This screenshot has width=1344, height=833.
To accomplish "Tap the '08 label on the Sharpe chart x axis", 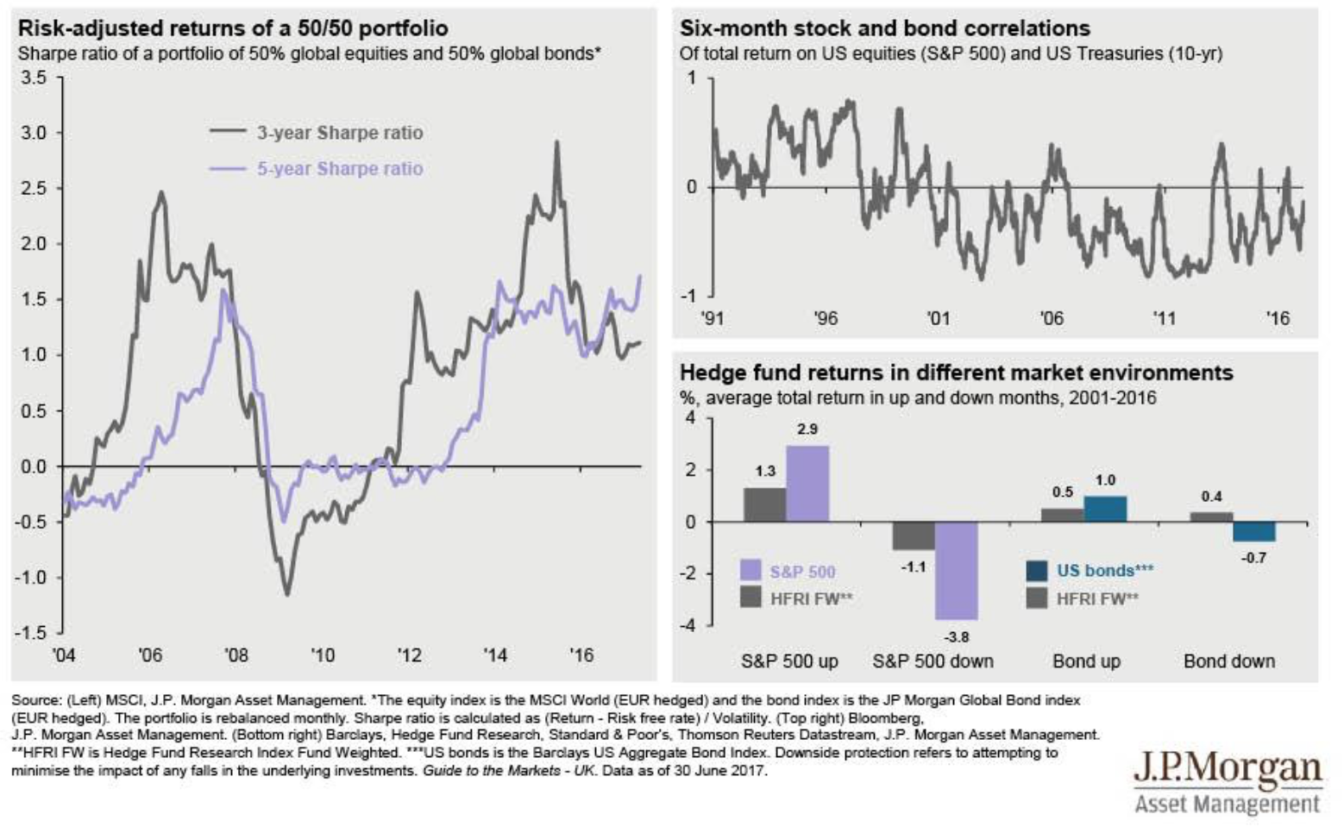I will [x=236, y=655].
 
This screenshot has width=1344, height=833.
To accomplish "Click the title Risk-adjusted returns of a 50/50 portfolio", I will [x=233, y=28].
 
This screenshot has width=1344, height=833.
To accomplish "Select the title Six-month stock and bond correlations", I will [x=884, y=28].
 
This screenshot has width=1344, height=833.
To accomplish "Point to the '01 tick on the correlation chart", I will [x=938, y=318].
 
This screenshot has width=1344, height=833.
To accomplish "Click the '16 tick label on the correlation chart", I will [x=1277, y=318].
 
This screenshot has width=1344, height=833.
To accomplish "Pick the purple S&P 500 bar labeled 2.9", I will [x=807, y=484].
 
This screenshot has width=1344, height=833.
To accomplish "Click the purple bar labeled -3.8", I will [x=956, y=571].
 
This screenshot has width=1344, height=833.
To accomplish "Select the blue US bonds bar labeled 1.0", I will [x=1105, y=509].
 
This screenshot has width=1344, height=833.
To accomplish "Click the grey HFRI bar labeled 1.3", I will [x=765, y=504].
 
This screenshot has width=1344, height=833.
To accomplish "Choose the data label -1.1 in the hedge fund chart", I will [x=913, y=567].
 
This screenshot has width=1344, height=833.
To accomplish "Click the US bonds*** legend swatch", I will [x=1036, y=571].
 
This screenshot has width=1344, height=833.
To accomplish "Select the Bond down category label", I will [x=1228, y=661].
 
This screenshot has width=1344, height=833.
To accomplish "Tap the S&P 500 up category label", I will [x=789, y=661].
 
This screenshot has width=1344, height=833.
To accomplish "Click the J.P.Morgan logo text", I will [x=1227, y=768].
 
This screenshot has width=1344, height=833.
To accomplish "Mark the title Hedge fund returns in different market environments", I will [x=956, y=373].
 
